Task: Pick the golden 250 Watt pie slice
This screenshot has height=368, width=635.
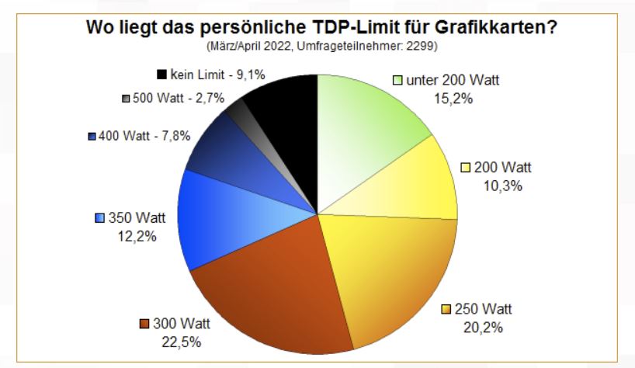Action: (396, 272)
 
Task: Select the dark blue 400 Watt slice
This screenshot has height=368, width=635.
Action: (221, 151)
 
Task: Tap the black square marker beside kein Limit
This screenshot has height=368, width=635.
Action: (161, 75)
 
